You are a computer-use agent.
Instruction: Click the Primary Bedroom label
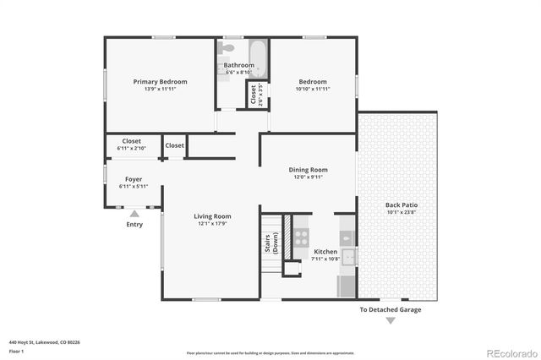coord(160,81)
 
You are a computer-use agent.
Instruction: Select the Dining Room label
coord(309,170)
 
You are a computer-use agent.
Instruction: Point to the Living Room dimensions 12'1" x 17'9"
coord(214,224)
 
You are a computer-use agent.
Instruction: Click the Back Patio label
coord(402,205)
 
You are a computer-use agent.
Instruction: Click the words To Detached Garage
coord(390,309)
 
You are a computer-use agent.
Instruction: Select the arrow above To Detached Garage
coord(390,298)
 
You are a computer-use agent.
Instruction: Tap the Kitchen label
coord(326,252)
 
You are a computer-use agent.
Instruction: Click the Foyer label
coord(134,179)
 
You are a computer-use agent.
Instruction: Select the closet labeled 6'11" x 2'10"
coord(131,145)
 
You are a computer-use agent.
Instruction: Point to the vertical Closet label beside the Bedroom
coord(254,95)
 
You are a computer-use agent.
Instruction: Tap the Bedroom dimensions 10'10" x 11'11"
coord(312,89)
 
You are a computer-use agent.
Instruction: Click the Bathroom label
coord(238,65)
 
